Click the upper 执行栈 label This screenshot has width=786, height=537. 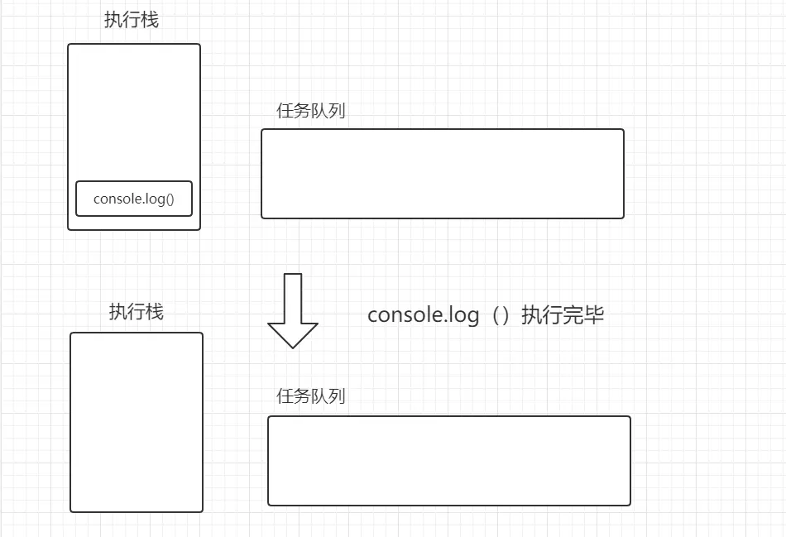132,21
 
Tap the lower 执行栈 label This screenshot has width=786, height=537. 137,312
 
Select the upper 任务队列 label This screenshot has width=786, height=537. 311,111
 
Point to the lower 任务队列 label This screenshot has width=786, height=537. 311,396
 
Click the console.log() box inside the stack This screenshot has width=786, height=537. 134,199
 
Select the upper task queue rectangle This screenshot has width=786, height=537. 443,174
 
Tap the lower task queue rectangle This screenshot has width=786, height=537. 449,460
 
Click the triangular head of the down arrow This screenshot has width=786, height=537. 293,333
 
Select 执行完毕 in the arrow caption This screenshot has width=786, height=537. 563,315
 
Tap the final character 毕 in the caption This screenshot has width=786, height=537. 594,315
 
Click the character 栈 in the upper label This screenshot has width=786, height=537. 150,21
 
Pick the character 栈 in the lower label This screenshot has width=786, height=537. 155,312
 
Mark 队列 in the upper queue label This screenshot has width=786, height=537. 328,111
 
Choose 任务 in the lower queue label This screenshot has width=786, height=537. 294,396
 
